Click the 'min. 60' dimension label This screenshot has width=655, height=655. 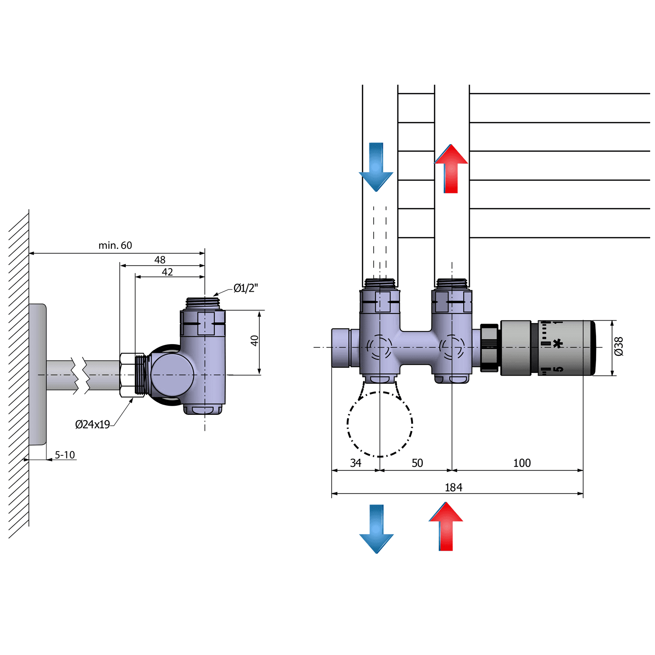[115, 245]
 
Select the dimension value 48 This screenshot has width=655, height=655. [160, 260]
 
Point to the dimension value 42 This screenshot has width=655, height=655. [167, 272]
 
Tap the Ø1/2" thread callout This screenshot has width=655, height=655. [245, 288]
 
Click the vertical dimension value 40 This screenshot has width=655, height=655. [255, 341]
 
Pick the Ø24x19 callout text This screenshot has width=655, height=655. [93, 424]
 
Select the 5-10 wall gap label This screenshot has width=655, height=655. [65, 455]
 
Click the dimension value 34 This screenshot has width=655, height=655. [355, 463]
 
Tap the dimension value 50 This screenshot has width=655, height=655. [417, 463]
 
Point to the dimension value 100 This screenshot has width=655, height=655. [522, 463]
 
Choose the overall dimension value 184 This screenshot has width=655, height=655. [453, 487]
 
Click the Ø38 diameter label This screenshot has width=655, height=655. [619, 346]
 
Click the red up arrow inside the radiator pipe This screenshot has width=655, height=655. [451, 169]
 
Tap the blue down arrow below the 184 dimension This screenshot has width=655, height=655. [376, 529]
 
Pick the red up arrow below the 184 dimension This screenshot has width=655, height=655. [446, 527]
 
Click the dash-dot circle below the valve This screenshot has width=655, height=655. [380, 424]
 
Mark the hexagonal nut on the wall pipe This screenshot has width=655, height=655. [132, 375]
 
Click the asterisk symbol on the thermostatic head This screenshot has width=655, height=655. [558, 344]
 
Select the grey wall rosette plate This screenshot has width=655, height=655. [38, 374]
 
